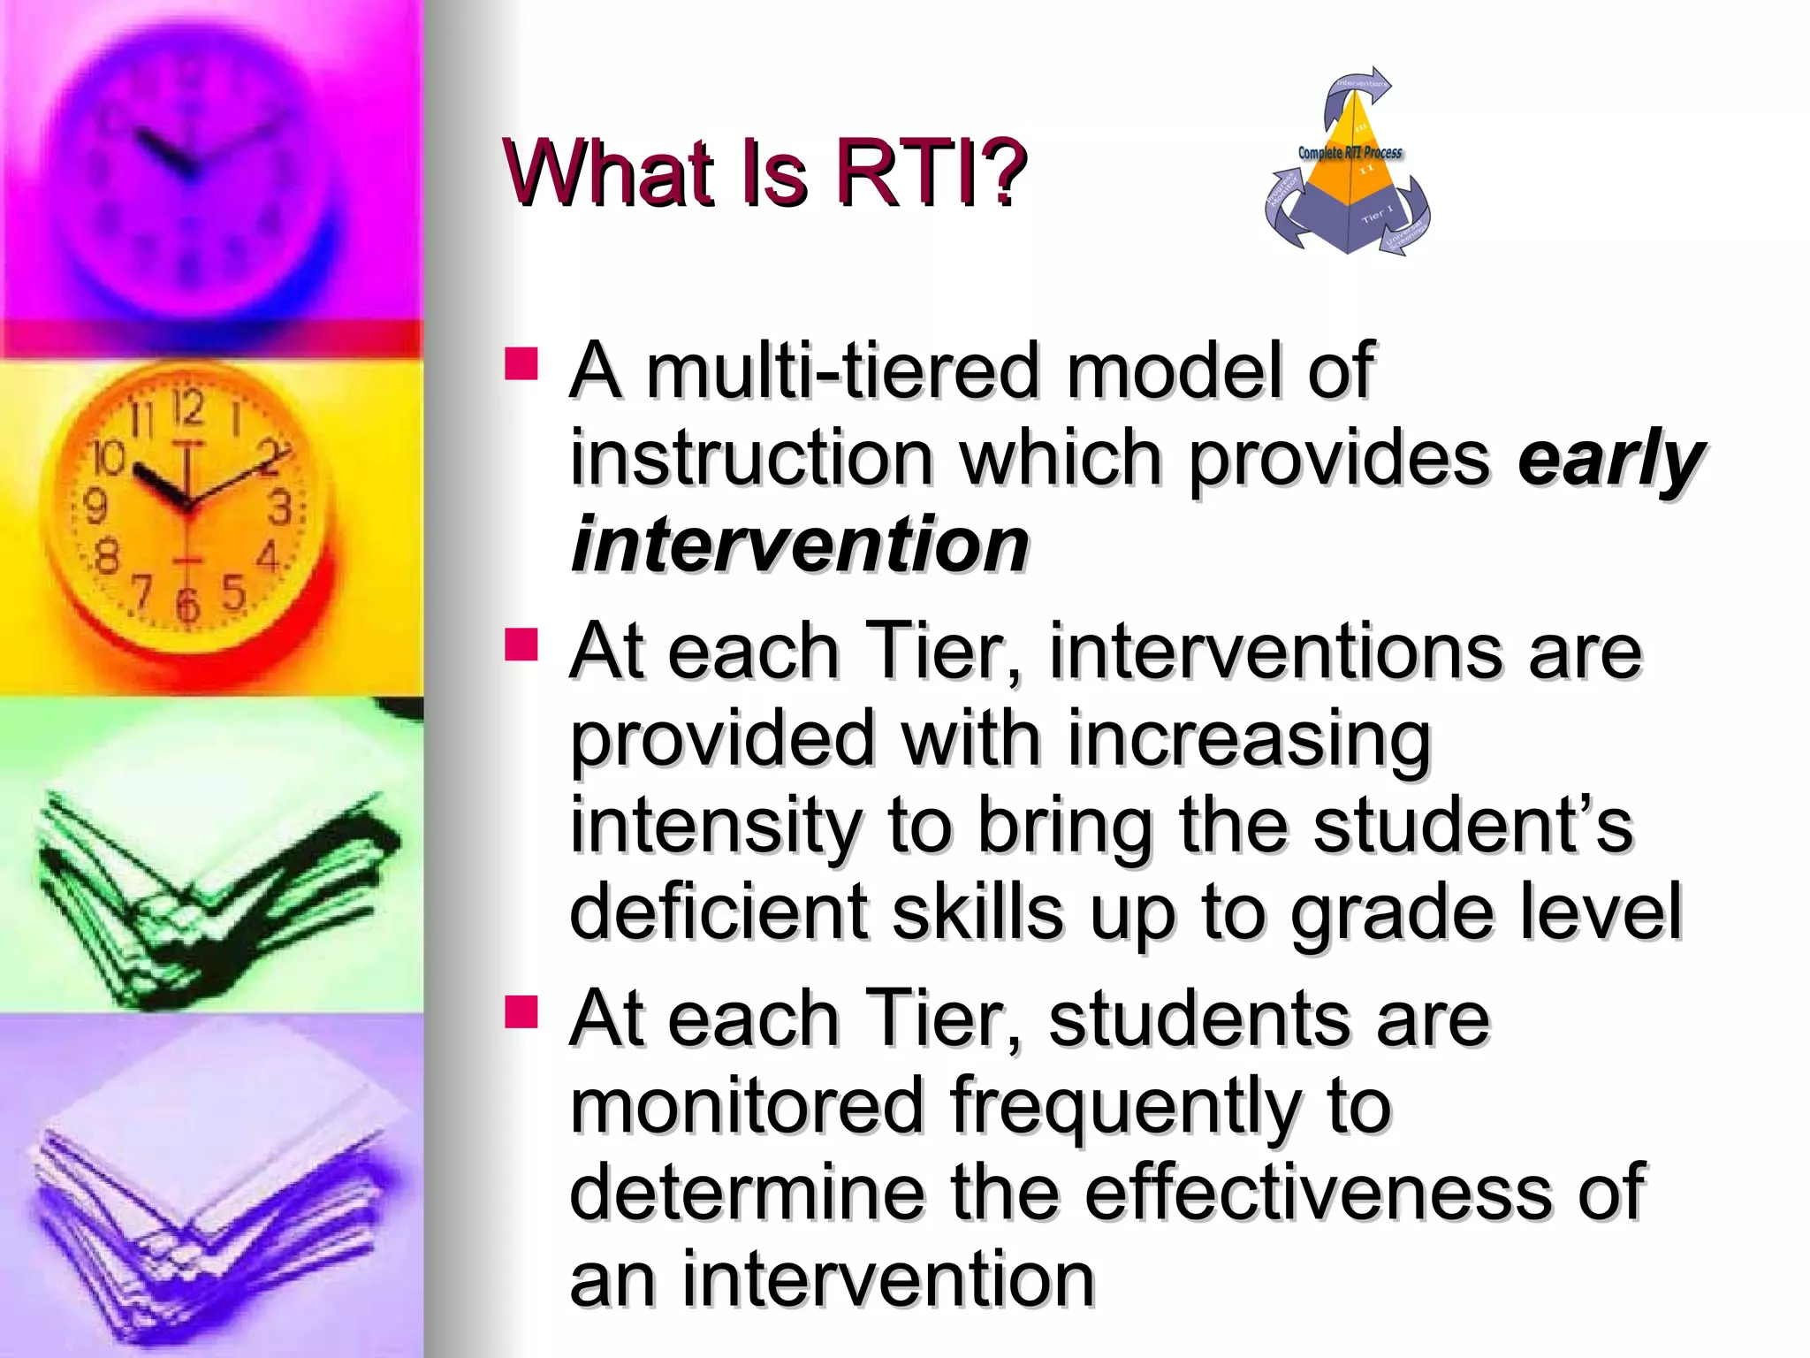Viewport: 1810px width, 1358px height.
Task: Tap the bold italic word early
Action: pos(1610,459)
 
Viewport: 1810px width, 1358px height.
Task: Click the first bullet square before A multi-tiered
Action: pos(521,363)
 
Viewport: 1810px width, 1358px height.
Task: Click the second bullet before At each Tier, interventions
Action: pos(521,645)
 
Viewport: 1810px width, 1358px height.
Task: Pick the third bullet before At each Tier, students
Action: pos(521,1012)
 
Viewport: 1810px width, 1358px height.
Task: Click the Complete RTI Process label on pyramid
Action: pos(1350,153)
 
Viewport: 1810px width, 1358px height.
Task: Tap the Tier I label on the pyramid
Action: pos(1376,213)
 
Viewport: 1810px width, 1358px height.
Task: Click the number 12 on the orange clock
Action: pos(187,408)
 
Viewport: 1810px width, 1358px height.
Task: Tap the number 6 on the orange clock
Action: pos(186,604)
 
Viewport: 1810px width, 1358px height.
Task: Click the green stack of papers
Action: pos(212,893)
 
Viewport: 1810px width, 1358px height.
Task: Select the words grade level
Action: pos(1485,912)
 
